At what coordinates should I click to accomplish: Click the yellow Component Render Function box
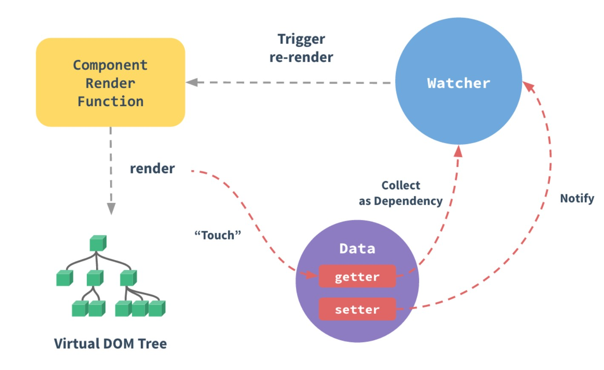tap(111, 82)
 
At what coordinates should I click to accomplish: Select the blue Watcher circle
tap(458, 81)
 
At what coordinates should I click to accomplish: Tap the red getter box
tap(357, 276)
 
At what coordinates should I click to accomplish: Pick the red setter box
tap(357, 309)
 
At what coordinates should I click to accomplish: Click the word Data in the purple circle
tap(357, 249)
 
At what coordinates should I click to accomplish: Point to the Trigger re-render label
tap(301, 48)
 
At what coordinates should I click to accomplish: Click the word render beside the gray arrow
tap(152, 168)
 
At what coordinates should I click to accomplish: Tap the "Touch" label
tap(218, 235)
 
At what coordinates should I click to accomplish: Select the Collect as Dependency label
tap(401, 193)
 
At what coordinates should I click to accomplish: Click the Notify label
tap(577, 199)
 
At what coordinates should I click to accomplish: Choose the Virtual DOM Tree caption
tap(110, 344)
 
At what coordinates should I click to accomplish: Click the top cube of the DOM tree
tap(98, 243)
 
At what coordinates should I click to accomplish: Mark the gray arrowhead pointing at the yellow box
tap(192, 82)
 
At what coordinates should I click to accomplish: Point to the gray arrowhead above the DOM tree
tap(111, 208)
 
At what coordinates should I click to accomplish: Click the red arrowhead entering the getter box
tap(312, 275)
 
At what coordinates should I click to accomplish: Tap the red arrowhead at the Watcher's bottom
tap(458, 151)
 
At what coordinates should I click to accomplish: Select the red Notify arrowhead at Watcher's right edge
tap(529, 87)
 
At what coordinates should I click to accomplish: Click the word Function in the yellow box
tap(111, 101)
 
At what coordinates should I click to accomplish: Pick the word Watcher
tap(458, 83)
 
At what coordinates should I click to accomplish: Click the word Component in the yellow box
tap(111, 65)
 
